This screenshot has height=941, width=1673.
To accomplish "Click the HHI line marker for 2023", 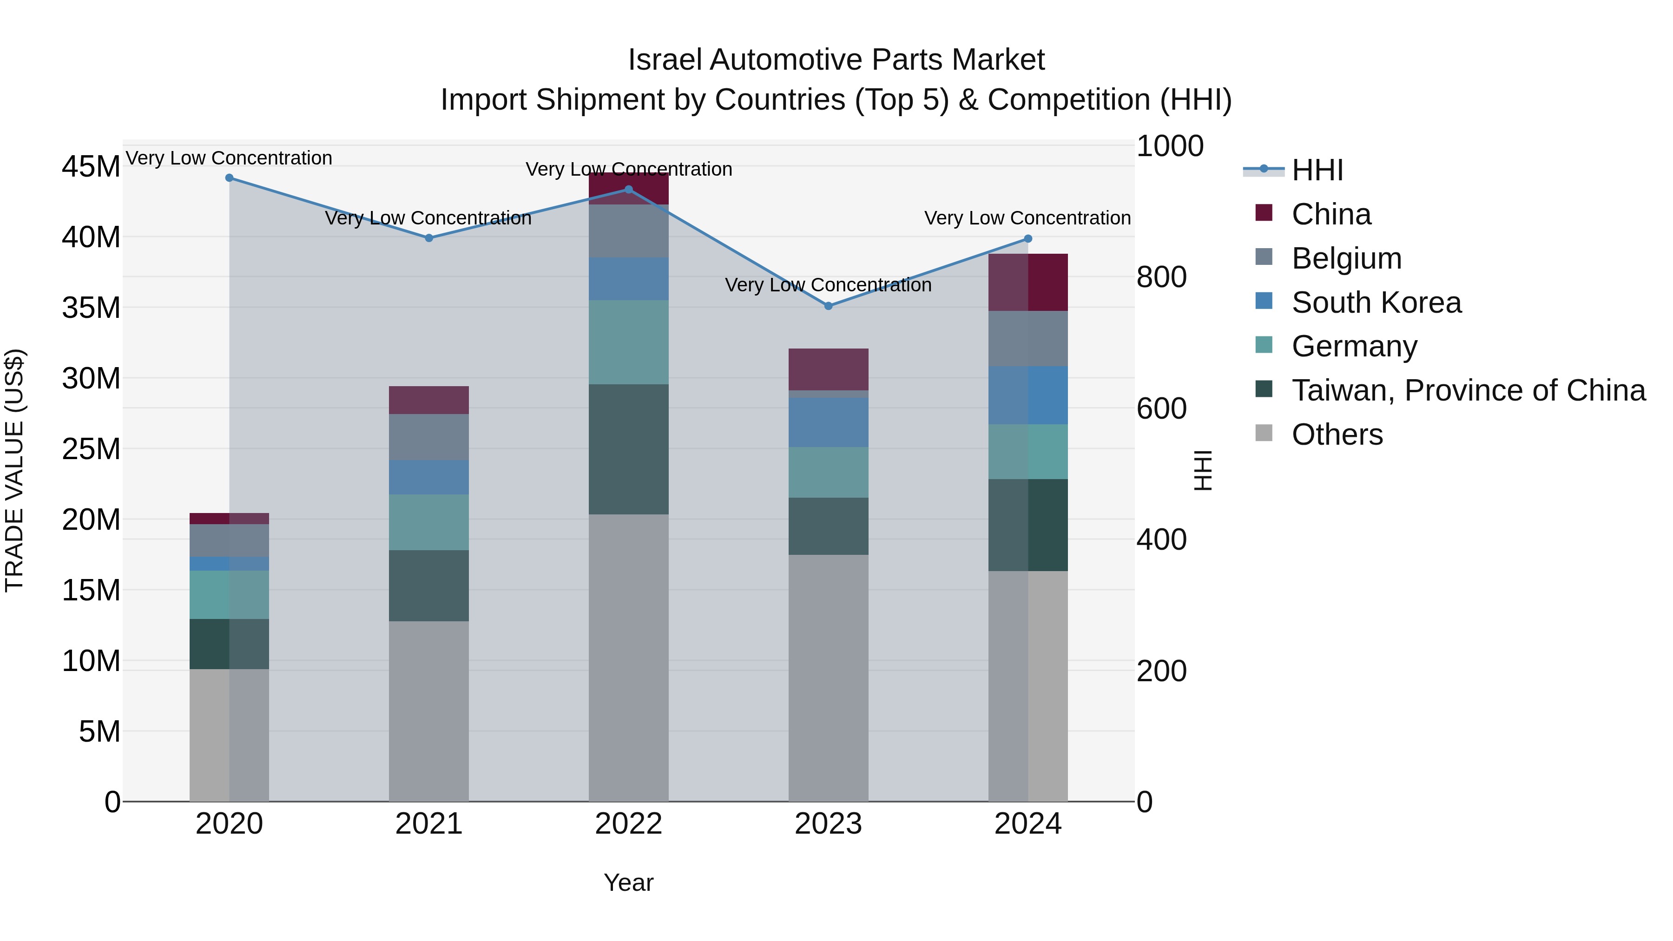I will (x=828, y=306).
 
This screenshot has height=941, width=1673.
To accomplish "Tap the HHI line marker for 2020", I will (x=229, y=178).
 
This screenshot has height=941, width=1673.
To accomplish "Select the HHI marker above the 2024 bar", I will (x=1028, y=239).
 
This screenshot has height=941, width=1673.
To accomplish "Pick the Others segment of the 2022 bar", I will (x=628, y=657).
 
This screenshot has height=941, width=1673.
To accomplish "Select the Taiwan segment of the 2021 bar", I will (x=428, y=586).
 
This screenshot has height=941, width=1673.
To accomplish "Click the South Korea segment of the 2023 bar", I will (x=828, y=422).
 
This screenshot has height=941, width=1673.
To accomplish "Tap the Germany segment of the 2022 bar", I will (x=628, y=342).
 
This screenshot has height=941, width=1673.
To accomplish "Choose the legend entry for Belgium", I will (x=1346, y=258).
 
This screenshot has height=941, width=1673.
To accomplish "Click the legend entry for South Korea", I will (x=1376, y=303).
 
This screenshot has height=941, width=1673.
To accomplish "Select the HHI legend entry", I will (x=1317, y=170).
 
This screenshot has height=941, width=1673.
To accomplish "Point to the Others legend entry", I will (x=1337, y=434).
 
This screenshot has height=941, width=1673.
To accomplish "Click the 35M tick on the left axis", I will (x=91, y=308).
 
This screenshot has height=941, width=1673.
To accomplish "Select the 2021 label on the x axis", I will (x=428, y=824).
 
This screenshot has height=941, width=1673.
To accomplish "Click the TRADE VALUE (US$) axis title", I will (x=14, y=470).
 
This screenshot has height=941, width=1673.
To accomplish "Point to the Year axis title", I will (x=628, y=882).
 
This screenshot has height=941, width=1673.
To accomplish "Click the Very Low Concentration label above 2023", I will (x=828, y=285).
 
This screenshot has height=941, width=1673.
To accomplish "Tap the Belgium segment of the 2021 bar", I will (x=428, y=437).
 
